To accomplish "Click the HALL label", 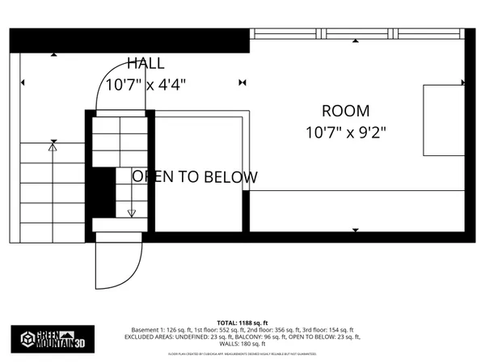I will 145,63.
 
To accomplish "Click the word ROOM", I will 345,111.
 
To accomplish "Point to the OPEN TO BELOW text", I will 195,176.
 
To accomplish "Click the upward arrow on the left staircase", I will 53,146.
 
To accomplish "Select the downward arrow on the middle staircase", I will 132,213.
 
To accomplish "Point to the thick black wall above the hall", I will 129,39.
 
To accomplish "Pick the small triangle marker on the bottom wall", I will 356,231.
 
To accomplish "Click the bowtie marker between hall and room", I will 242,83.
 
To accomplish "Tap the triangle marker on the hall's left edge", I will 23,83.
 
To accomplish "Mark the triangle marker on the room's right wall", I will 463,83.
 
